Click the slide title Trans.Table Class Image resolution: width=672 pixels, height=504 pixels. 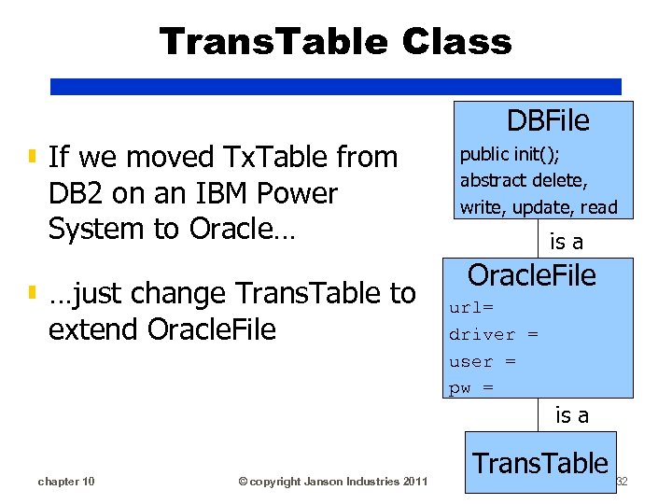pyautogui.click(x=335, y=42)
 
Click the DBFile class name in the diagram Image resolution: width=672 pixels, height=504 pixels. pyautogui.click(x=548, y=120)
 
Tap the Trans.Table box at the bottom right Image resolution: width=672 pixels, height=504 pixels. pyautogui.click(x=540, y=463)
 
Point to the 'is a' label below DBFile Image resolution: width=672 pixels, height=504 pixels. pyautogui.click(x=567, y=242)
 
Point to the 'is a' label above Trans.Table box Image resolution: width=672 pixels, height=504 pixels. pyautogui.click(x=572, y=415)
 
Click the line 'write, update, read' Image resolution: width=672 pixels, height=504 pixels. pyautogui.click(x=539, y=207)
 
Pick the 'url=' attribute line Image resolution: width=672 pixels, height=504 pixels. pyautogui.click(x=471, y=307)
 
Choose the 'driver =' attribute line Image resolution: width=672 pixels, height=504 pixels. pyautogui.click(x=494, y=334)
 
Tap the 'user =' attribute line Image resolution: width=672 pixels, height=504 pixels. pyautogui.click(x=483, y=361)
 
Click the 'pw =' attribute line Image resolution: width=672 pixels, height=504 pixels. pyautogui.click(x=471, y=388)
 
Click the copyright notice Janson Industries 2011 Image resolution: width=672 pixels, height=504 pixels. pyautogui.click(x=333, y=482)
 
